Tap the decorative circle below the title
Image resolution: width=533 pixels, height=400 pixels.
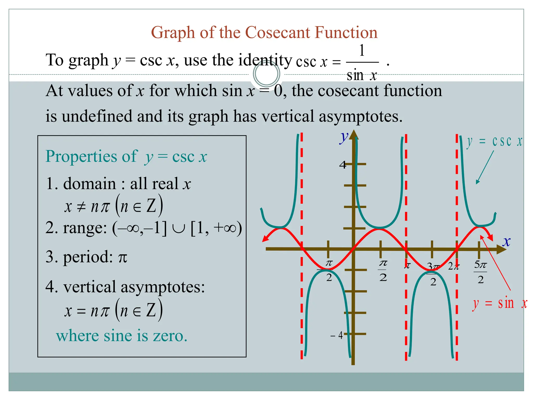(266, 74)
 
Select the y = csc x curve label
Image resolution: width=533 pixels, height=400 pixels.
(494, 141)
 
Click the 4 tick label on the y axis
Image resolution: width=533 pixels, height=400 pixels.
(343, 165)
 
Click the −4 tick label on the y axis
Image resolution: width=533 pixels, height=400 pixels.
(337, 335)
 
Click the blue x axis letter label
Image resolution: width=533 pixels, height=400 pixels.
(506, 241)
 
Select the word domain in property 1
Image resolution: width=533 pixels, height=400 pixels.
(90, 184)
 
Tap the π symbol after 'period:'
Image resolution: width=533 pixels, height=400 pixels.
(123, 258)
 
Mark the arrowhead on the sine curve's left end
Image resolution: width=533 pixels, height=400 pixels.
(265, 239)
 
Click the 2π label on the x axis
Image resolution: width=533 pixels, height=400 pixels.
(453, 266)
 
